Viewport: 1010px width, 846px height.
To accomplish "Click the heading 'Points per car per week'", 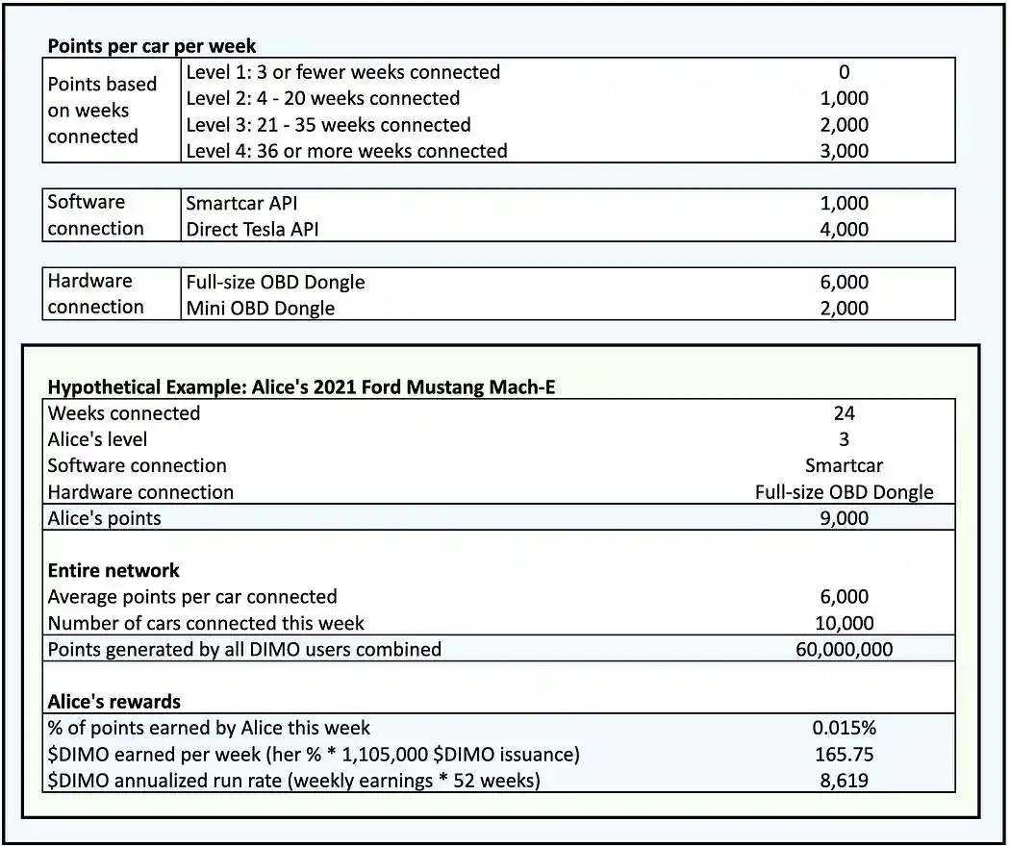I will point(152,45).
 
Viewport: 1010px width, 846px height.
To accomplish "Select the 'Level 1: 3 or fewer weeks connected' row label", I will point(342,72).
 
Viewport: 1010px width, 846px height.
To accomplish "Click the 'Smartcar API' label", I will point(249,204).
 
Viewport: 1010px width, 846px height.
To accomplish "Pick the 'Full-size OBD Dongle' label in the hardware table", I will point(275,283).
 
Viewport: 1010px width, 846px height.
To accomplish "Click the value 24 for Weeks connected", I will point(844,413).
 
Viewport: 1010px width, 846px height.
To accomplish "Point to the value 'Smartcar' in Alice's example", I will point(844,466).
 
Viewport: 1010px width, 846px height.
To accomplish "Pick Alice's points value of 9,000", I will point(844,519).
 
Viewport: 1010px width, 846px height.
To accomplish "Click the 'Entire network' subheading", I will point(114,571).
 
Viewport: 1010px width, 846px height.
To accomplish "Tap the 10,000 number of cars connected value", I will point(844,623).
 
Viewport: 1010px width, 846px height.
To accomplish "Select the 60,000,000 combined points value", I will point(844,650).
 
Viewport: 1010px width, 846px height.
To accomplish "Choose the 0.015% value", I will point(844,728).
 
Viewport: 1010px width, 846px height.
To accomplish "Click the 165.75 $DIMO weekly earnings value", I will point(844,755).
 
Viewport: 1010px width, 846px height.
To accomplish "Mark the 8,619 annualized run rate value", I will point(844,781).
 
